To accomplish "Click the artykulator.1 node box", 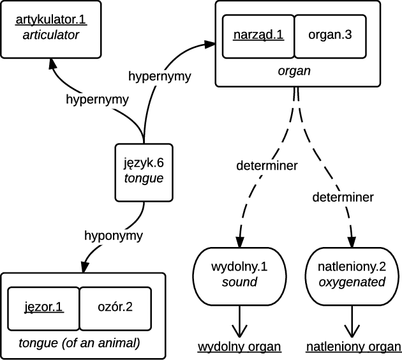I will point(50,27).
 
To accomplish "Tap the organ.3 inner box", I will point(329,36).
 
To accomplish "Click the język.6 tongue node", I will point(144,171).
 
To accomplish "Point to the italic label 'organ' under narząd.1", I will point(294,71).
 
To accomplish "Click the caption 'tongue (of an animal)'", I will point(79,343).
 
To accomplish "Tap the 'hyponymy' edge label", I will point(114,235).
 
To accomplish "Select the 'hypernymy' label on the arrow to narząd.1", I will point(159,77).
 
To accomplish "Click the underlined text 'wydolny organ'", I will point(239,347).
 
